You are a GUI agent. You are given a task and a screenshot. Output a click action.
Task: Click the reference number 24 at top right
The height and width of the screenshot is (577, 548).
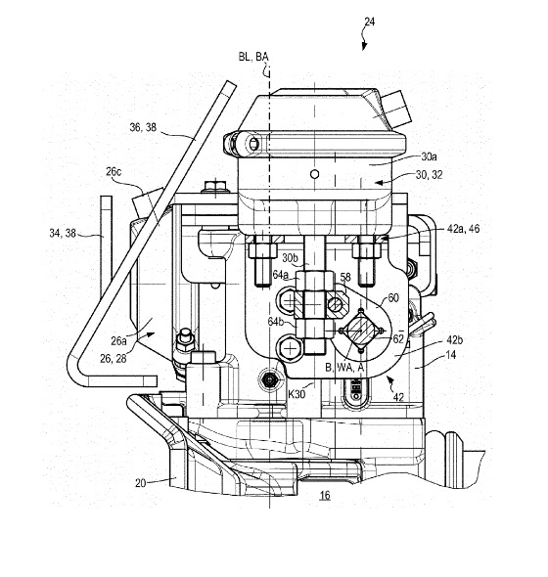(369, 22)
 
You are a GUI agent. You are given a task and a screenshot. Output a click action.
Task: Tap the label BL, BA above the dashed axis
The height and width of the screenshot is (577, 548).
(253, 57)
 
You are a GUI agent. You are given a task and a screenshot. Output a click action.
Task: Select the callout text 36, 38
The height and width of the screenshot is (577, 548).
(143, 127)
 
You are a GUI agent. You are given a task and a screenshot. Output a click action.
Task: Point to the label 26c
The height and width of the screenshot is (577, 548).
(114, 172)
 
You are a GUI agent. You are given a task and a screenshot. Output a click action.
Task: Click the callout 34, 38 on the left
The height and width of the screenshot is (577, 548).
(63, 233)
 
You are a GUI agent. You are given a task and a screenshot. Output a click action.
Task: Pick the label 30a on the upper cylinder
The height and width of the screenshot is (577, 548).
(429, 156)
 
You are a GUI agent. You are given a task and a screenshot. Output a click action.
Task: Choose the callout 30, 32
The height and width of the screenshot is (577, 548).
(429, 175)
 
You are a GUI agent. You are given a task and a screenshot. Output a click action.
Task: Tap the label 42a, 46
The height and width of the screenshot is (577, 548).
(463, 229)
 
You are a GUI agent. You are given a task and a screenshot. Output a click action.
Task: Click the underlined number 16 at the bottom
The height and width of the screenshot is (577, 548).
(325, 495)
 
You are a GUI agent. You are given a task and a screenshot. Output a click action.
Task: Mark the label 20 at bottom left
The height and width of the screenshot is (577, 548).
(140, 483)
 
